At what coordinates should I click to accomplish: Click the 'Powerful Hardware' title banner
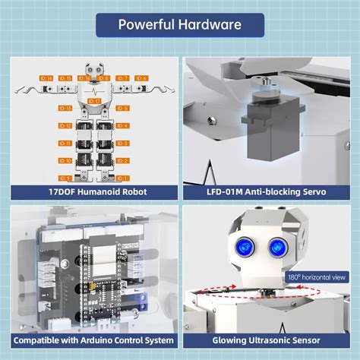(x=180, y=24)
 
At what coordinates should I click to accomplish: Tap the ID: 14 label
(x=46, y=78)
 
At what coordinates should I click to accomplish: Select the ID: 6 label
(x=141, y=78)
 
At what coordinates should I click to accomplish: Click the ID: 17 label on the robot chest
(x=94, y=100)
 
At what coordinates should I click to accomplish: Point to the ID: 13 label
(x=65, y=109)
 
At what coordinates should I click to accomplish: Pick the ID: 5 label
(x=123, y=109)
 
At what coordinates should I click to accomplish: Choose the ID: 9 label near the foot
(x=65, y=174)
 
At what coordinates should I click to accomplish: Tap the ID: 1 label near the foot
(x=123, y=174)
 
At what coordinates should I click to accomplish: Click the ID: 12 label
(x=65, y=126)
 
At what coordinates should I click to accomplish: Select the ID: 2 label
(x=123, y=160)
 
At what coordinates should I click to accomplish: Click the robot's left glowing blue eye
(x=245, y=246)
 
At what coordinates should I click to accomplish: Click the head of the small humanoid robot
(x=94, y=73)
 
